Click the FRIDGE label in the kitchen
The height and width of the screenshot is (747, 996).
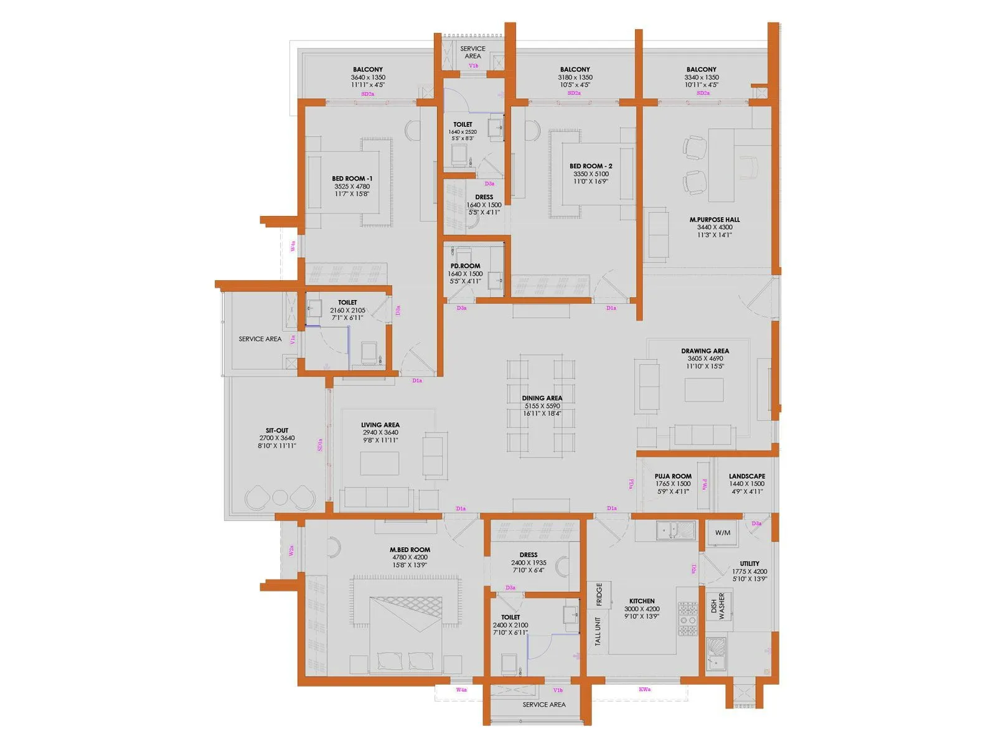[x=599, y=594]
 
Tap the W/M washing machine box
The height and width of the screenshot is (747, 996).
[x=723, y=533]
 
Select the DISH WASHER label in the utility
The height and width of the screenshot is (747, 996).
[x=718, y=606]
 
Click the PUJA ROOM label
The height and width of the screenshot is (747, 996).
[x=673, y=476]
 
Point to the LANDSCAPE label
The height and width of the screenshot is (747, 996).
[x=747, y=476]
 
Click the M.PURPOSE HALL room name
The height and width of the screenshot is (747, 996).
[x=715, y=220]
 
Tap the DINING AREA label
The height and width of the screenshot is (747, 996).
[x=542, y=398]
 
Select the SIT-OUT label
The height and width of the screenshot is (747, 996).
[x=277, y=430]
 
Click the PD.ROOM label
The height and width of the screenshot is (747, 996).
[x=466, y=266]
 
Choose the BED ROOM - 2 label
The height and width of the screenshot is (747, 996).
[x=591, y=166]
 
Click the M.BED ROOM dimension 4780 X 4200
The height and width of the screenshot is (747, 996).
[x=410, y=558]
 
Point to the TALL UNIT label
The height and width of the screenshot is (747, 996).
[x=598, y=631]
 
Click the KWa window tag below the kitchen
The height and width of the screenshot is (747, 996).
[x=644, y=690]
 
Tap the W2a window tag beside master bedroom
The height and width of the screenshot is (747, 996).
[x=291, y=551]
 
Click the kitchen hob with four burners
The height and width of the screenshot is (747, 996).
[x=687, y=619]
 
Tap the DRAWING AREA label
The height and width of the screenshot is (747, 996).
[x=705, y=351]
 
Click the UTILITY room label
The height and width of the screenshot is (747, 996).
[x=749, y=563]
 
